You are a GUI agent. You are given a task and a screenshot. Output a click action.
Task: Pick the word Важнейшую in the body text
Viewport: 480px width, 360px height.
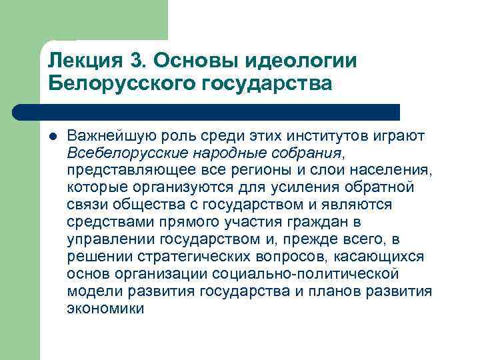105,136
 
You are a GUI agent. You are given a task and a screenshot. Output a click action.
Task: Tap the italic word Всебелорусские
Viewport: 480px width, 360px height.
123,153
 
